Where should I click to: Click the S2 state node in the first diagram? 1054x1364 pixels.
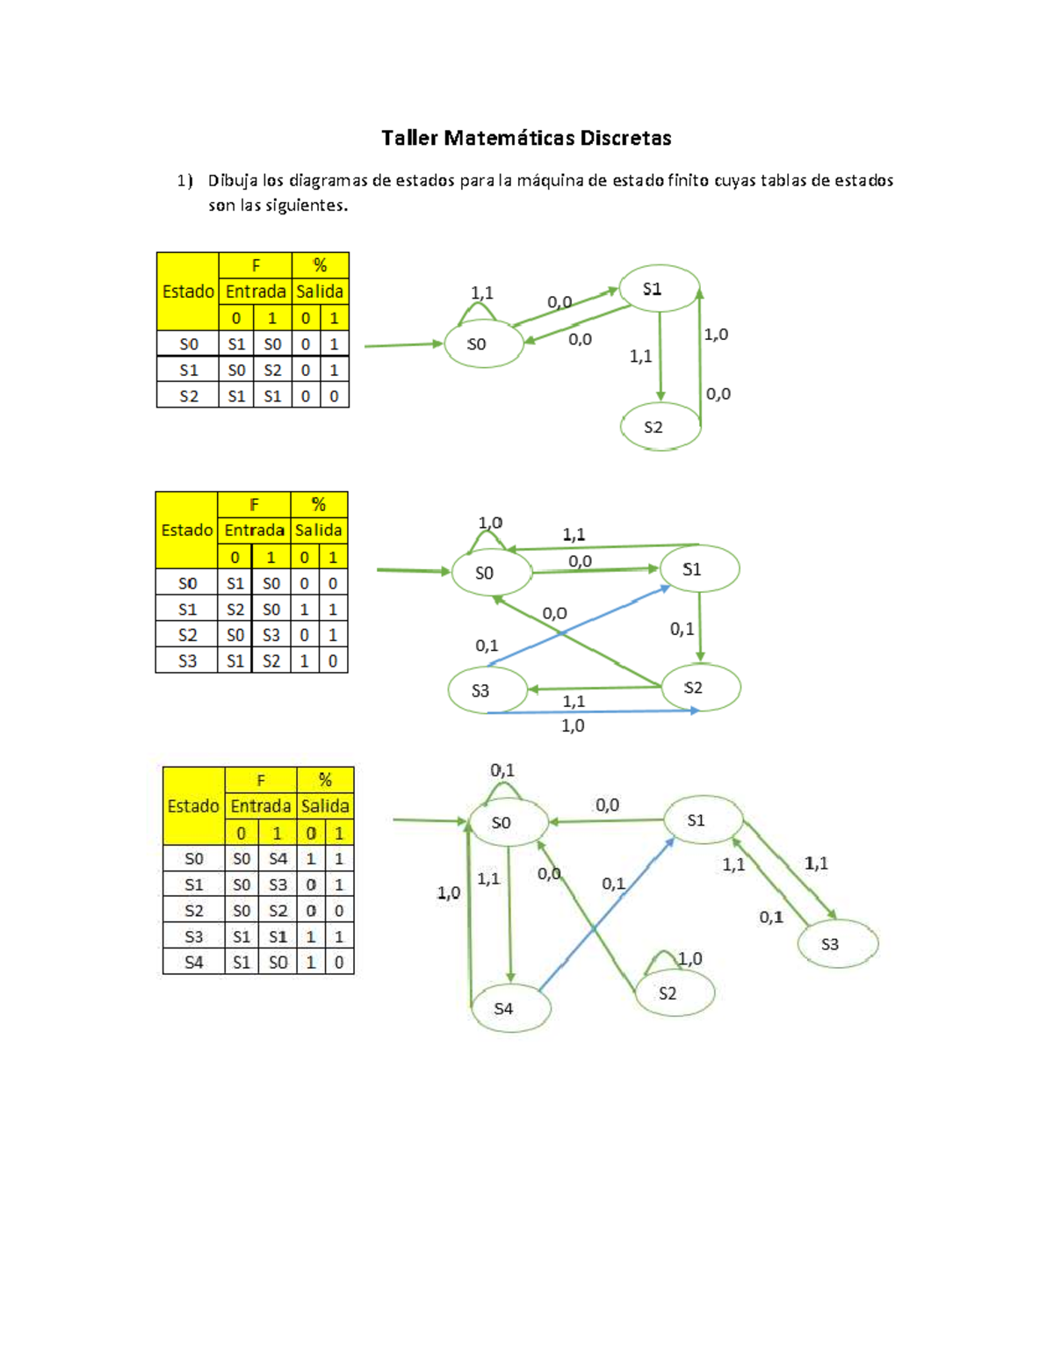click(659, 427)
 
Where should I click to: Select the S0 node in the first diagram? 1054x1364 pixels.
click(482, 344)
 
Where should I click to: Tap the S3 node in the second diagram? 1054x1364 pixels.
click(486, 690)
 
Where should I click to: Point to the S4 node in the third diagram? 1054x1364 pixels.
click(509, 1008)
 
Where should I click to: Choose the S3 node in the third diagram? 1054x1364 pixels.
click(836, 944)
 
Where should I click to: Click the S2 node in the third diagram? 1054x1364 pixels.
click(674, 993)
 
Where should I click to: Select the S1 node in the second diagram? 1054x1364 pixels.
click(698, 569)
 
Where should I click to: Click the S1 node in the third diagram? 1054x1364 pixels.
click(702, 820)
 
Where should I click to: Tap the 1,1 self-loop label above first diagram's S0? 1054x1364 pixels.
click(481, 293)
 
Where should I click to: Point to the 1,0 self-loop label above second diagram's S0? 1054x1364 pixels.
click(490, 523)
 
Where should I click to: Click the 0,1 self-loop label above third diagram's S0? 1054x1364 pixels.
click(502, 770)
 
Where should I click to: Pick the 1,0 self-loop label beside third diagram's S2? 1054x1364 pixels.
click(689, 958)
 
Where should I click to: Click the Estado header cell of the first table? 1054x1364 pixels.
click(188, 292)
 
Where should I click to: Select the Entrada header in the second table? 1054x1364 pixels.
click(254, 530)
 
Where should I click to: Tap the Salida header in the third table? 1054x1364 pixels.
click(325, 806)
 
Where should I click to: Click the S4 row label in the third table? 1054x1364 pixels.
click(194, 963)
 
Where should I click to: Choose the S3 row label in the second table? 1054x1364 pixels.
click(187, 660)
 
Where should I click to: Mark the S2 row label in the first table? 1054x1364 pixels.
click(188, 396)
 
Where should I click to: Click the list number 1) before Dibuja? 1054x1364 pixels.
click(184, 181)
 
